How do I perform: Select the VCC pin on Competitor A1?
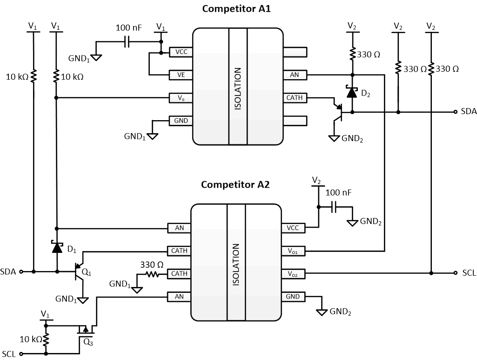[181, 52]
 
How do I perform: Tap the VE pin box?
[181, 75]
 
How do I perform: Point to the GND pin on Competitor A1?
[181, 121]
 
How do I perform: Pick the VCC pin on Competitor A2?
[293, 228]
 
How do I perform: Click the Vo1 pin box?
[293, 251]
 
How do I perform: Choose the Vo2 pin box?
[293, 273]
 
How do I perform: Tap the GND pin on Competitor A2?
[293, 297]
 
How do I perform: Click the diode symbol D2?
[352, 92]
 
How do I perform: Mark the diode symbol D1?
[57, 248]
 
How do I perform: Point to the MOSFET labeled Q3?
[85, 331]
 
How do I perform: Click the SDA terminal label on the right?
[469, 112]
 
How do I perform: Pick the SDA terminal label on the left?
[8, 271]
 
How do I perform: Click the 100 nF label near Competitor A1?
[128, 28]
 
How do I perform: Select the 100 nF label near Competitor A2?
[339, 192]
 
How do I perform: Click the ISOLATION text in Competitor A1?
[238, 88]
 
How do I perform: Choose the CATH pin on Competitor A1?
[295, 98]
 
